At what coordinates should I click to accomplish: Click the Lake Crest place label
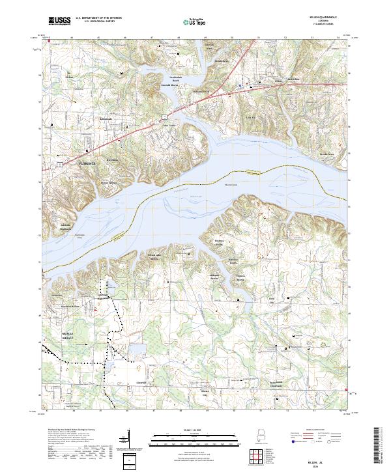pos(169,126)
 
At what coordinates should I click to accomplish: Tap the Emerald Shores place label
pos(171,84)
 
